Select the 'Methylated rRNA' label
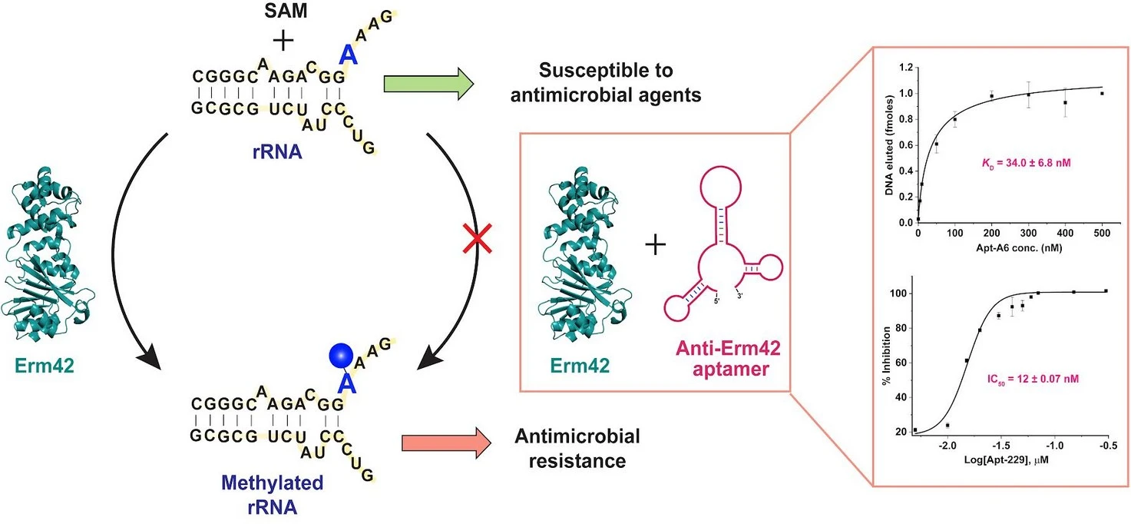(x=272, y=495)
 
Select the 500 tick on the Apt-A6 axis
(x=1101, y=234)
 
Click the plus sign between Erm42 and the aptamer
(x=655, y=245)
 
